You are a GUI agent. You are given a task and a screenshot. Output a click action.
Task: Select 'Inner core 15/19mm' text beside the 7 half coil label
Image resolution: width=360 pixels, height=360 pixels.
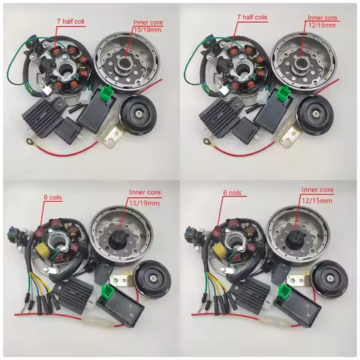tap(145, 28)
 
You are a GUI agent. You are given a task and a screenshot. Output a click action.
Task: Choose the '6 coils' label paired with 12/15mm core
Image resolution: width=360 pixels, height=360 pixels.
tap(235, 193)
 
